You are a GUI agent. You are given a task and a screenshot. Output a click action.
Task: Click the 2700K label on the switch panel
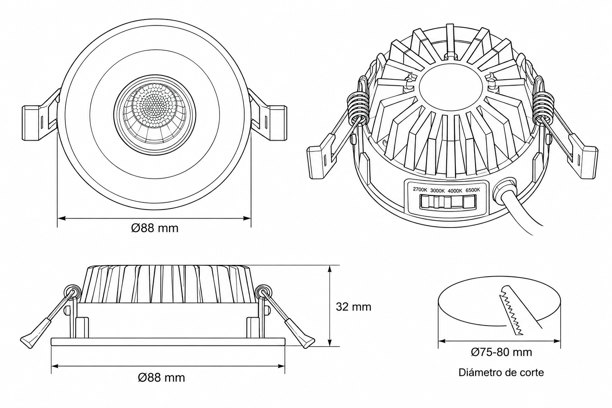(x=420, y=189)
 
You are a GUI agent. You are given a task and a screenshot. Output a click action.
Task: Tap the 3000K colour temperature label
(x=437, y=190)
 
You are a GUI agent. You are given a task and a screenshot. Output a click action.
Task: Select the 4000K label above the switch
(x=455, y=191)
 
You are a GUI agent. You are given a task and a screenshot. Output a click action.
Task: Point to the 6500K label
(x=473, y=190)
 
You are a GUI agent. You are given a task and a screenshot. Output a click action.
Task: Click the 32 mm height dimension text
(x=353, y=307)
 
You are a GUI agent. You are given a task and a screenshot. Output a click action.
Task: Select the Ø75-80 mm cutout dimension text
(x=501, y=352)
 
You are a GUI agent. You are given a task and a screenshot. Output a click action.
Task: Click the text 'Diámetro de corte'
(x=501, y=373)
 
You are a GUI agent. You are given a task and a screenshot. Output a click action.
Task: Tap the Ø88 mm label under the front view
(x=155, y=228)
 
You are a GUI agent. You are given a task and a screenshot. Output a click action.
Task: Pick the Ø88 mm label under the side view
(x=161, y=378)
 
